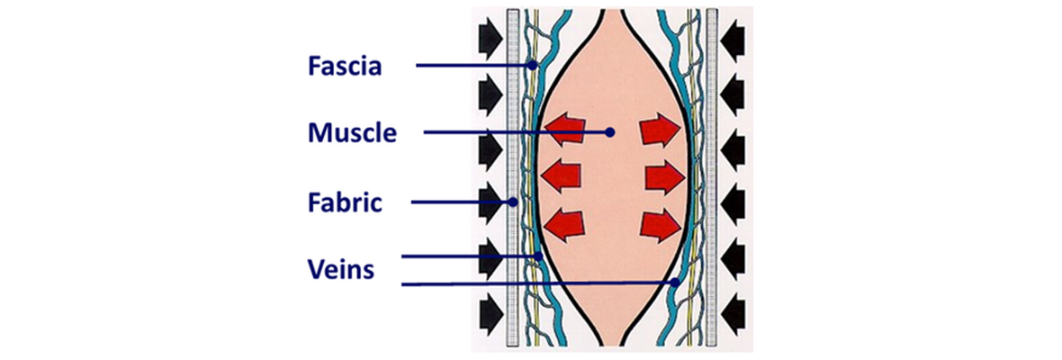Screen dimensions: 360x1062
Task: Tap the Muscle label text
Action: [x=352, y=134]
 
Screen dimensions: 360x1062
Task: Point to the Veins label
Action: [x=339, y=269]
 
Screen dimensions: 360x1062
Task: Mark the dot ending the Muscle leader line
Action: [x=610, y=132]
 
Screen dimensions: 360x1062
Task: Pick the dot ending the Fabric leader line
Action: [x=513, y=202]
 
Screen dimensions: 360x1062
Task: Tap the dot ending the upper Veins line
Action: [x=539, y=256]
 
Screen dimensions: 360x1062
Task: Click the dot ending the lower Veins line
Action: [x=676, y=283]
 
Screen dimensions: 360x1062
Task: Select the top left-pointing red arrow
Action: [x=563, y=130]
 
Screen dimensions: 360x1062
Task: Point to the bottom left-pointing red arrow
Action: [x=563, y=223]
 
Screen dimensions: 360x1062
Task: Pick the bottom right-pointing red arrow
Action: [x=660, y=223]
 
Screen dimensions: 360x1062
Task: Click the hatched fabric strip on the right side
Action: [x=711, y=180]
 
